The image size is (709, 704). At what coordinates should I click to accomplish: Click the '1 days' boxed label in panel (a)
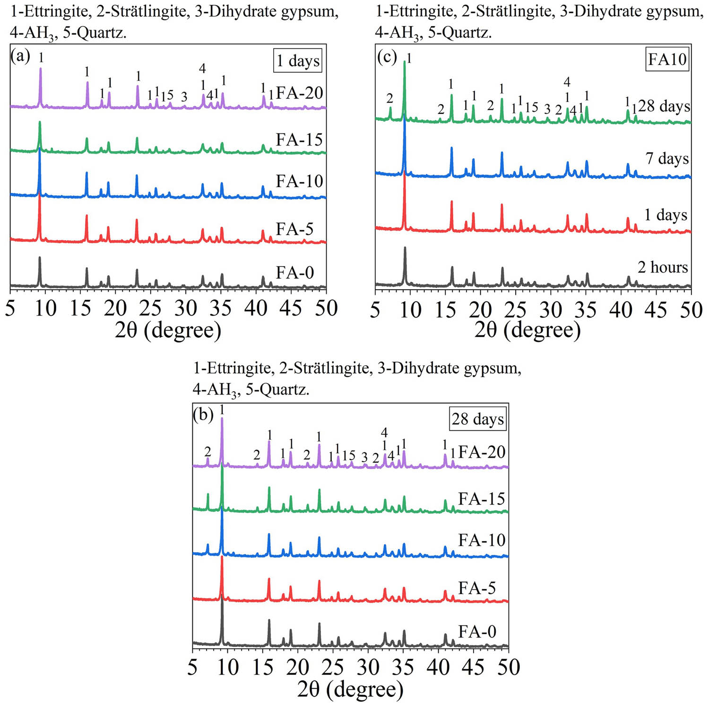pyautogui.click(x=298, y=60)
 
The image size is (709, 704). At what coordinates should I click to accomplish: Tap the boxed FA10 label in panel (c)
pyautogui.click(x=667, y=59)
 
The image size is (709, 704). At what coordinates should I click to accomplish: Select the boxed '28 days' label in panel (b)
pyautogui.click(x=477, y=419)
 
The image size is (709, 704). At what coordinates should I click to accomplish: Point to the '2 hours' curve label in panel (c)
pyautogui.click(x=663, y=267)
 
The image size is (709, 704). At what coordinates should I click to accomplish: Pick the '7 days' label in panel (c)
pyautogui.click(x=667, y=158)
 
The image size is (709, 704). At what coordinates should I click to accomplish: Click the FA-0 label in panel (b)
pyautogui.click(x=477, y=631)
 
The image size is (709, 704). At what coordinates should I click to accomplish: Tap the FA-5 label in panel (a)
pyautogui.click(x=294, y=229)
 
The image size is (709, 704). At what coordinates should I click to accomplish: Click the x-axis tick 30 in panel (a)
pyautogui.click(x=185, y=309)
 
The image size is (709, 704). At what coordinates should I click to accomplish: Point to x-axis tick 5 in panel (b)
pyautogui.click(x=192, y=667)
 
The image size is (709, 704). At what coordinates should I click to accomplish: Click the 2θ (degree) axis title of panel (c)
pyautogui.click(x=527, y=330)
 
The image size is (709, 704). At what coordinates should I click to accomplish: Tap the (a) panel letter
pyautogui.click(x=20, y=56)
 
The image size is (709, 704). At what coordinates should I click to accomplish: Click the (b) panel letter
pyautogui.click(x=203, y=415)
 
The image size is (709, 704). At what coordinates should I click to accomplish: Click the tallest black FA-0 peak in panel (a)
pyautogui.click(x=40, y=258)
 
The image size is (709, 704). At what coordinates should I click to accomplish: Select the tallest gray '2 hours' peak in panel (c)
pyautogui.click(x=405, y=248)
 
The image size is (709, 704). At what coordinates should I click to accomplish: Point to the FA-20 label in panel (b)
pyautogui.click(x=482, y=452)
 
